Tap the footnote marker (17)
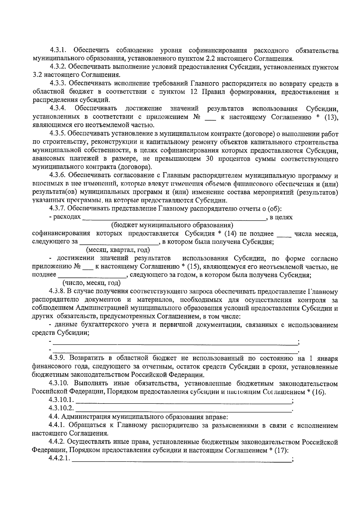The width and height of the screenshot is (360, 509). (x=280, y=451)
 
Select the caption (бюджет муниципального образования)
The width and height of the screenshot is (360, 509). (x=172, y=225)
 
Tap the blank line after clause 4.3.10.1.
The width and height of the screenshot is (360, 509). (x=184, y=401)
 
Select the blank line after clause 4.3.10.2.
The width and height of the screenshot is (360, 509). (x=184, y=409)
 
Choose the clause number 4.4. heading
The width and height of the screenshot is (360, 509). (x=54, y=417)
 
